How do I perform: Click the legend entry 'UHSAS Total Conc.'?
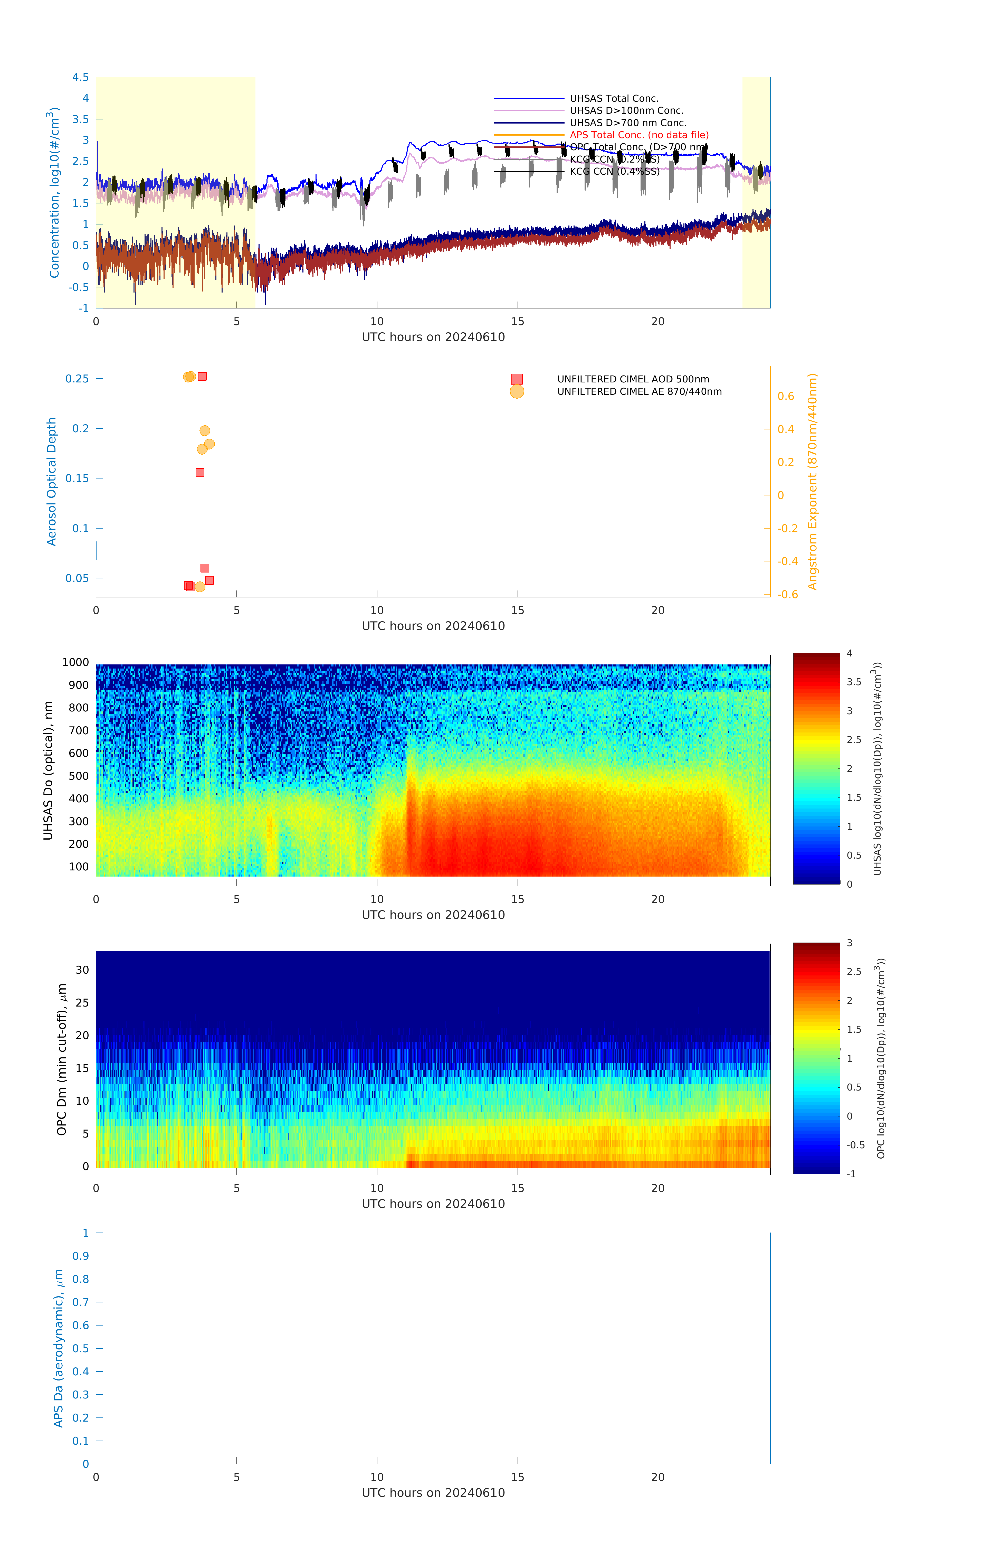[614, 99]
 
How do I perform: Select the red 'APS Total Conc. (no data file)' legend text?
[638, 135]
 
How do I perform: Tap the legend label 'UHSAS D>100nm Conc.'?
[626, 111]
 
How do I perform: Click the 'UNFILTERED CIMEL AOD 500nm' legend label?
[633, 380]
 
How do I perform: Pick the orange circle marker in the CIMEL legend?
[517, 392]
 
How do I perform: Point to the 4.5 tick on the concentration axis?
[81, 77]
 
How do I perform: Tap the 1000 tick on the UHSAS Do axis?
[75, 662]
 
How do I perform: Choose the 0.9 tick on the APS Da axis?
[81, 1256]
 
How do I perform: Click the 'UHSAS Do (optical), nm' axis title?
[48, 771]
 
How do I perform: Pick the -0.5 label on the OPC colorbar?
[855, 1145]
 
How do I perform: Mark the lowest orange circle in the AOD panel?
[199, 587]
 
